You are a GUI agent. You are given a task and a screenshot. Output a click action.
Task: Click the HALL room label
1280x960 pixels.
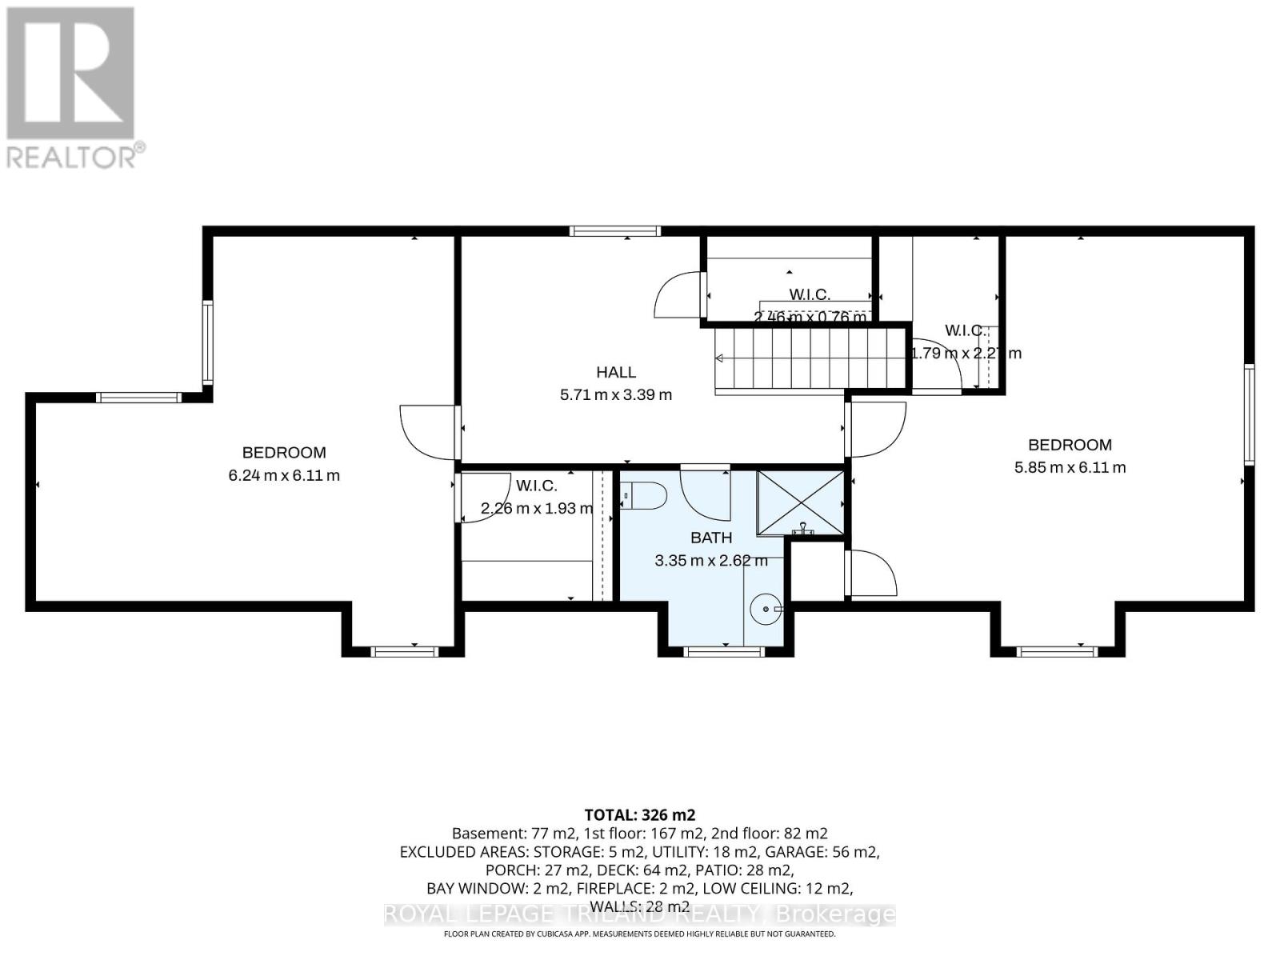click(615, 372)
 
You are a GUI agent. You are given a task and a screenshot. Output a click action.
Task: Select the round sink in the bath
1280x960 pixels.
click(766, 610)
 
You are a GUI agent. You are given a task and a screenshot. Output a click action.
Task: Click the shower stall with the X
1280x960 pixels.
click(800, 502)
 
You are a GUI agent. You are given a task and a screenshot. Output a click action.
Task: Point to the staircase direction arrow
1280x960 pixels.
click(720, 358)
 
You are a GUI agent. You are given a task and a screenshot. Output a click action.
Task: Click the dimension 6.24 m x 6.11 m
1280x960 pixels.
click(284, 475)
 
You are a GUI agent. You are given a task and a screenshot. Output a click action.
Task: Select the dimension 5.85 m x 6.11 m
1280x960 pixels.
click(1070, 467)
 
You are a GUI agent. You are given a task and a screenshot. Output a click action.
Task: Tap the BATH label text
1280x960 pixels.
click(711, 538)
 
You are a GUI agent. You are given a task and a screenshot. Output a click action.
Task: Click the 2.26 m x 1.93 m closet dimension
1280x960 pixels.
click(537, 508)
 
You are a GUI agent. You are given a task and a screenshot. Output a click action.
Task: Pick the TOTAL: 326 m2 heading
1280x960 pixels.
click(639, 815)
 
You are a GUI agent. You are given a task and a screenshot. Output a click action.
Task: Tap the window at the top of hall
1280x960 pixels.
click(615, 231)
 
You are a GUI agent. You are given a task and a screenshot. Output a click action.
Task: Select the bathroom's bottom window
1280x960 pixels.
click(725, 652)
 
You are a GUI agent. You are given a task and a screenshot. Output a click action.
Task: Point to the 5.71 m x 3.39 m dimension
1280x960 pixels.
click(615, 394)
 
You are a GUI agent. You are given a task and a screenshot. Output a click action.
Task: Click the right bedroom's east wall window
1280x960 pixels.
click(1249, 414)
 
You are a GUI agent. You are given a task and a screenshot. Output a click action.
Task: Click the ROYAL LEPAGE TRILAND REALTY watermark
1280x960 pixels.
click(639, 914)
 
